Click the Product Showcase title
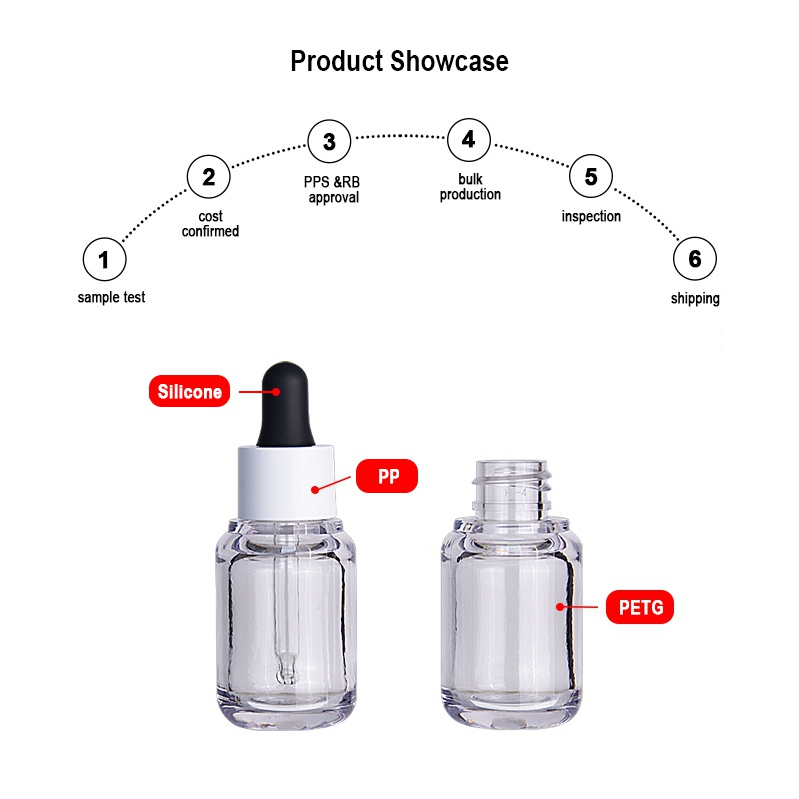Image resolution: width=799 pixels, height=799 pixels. coord(399,62)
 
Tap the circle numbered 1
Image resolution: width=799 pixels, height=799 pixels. coord(105,259)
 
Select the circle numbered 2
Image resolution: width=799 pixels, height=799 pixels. coord(209,177)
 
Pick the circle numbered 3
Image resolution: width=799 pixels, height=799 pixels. coord(330,141)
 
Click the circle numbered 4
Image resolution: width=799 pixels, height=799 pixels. coord(469,139)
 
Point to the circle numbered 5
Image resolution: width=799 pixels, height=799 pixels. coord(591,176)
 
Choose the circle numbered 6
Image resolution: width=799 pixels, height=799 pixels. coord(695,259)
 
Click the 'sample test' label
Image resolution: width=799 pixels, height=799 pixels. coord(111,297)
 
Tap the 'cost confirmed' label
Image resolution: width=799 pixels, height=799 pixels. coord(210,223)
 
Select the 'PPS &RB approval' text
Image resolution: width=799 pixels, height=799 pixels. coord(332,190)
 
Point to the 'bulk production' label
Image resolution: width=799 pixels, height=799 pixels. coord(470,187)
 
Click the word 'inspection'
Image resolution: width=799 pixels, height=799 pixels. coord(591,216)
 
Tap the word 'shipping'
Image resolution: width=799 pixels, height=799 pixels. coord(695,298)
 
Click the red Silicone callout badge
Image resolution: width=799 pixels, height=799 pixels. coord(189,391)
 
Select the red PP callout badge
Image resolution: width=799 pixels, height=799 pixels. coord(387,476)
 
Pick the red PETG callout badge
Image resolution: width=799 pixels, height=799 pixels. coord(640,607)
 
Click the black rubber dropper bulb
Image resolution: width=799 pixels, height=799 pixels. coord(285,404)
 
